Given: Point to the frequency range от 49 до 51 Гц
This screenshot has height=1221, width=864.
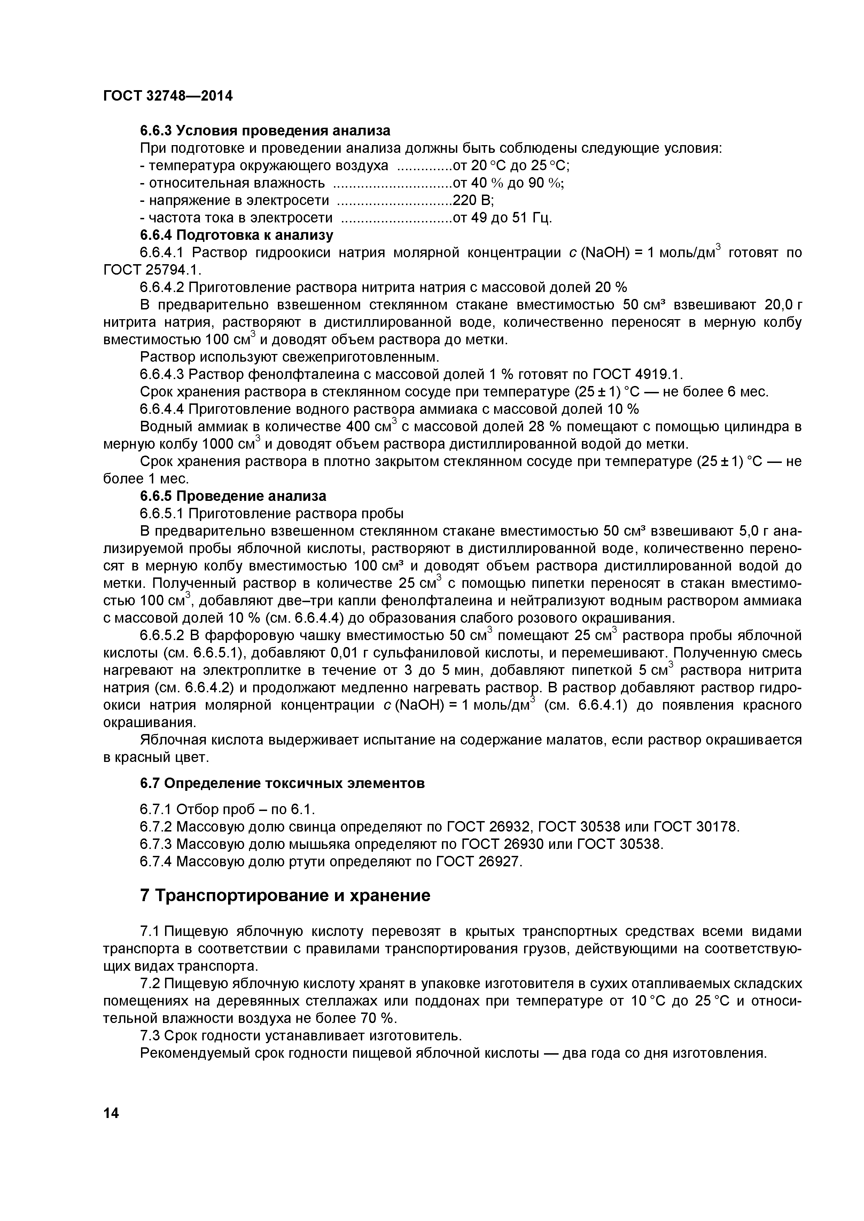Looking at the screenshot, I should click(x=502, y=218).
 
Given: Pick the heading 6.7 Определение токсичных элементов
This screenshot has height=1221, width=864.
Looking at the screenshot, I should click(x=282, y=784).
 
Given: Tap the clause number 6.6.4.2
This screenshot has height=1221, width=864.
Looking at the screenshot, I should click(x=161, y=288).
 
